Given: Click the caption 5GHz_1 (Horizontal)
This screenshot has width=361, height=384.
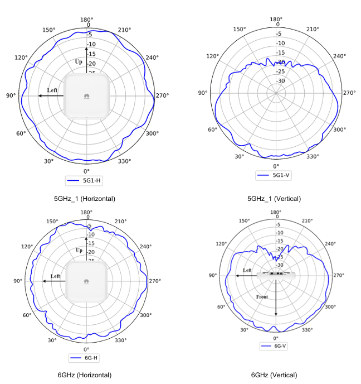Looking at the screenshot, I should point(85,198).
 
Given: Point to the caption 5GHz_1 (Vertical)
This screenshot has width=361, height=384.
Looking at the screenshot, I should point(274,198).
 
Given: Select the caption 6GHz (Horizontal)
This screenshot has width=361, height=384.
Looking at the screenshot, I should point(85,375).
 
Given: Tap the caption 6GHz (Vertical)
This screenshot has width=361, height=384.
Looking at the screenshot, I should point(274,375).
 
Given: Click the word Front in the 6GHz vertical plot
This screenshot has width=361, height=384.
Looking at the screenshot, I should point(262,297).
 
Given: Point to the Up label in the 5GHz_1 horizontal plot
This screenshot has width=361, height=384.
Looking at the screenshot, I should point(79,61).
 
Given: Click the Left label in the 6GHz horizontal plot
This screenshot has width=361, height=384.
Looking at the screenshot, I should point(55,276).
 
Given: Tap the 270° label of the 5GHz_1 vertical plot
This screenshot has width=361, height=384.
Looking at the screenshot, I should point(349,93).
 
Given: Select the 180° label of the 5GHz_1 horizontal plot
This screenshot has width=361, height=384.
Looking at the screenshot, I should point(86,19).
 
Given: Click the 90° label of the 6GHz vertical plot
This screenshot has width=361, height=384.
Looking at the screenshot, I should point(212,276).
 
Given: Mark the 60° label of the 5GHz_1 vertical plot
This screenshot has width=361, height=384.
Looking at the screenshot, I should point(212,130).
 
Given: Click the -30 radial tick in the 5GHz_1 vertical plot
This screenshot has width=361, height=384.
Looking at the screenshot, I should point(281,81).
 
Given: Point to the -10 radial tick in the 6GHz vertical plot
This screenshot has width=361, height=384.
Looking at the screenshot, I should point(280,233).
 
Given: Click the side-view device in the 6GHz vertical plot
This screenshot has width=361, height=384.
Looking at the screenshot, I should point(276,274).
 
